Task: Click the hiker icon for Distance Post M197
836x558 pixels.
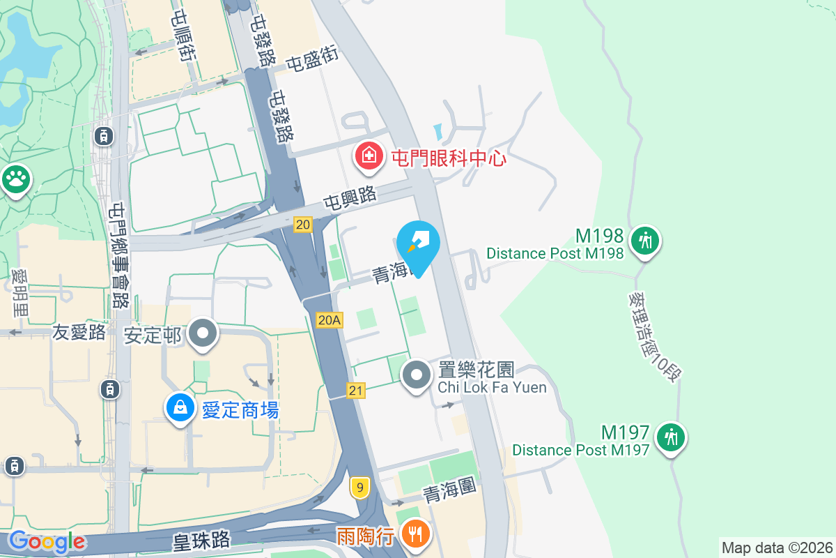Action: pos(670,437)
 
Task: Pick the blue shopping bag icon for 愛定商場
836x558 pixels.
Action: pos(180,408)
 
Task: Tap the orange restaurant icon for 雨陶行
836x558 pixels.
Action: pos(416,535)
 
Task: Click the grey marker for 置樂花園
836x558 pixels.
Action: pos(417,375)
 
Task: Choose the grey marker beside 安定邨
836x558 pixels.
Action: pos(203,333)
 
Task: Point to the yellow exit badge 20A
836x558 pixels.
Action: pos(330,319)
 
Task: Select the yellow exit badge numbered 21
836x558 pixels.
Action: pos(356,391)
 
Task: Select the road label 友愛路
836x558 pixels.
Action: pos(79,332)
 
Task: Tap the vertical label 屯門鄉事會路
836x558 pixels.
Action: pos(120,255)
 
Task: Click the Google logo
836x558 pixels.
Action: pos(47,541)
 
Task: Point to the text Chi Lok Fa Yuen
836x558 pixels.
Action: pos(492,387)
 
